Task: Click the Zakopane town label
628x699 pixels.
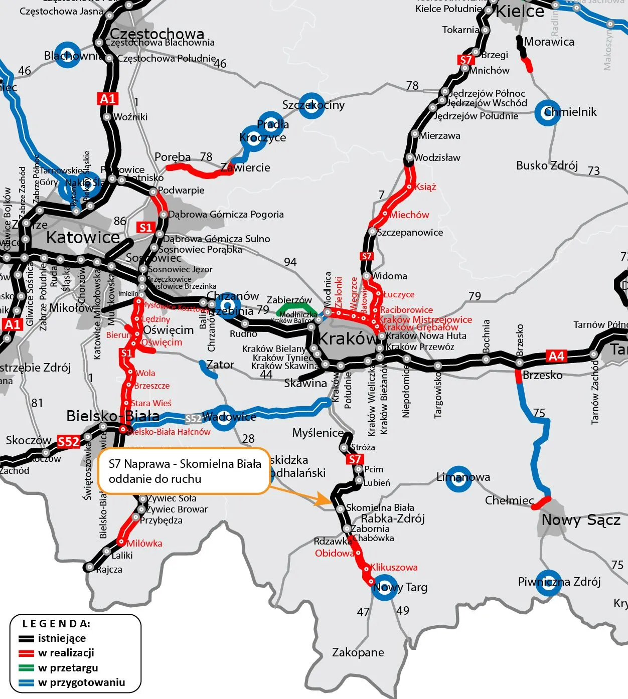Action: coord(358,652)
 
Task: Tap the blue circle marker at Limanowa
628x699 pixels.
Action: coord(458,477)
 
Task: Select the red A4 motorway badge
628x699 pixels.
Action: coord(556,356)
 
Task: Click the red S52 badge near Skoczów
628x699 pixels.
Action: coord(68,441)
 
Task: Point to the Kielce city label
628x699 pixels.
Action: coord(519,11)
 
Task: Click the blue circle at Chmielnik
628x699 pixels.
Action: coord(547,112)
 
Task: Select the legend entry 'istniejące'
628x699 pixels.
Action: coord(62,638)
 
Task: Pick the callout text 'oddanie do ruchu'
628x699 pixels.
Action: coord(154,479)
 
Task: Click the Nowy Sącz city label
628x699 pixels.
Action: coord(581,520)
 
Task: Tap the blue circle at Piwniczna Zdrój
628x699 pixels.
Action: coord(548,582)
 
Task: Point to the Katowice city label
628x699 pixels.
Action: coord(83,237)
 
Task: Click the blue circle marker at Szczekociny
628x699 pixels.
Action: coord(311,105)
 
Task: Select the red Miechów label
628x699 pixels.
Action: coord(409,215)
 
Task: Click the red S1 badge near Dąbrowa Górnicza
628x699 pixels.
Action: coord(145,227)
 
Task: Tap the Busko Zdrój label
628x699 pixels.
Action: coord(547,165)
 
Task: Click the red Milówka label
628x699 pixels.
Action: coord(144,543)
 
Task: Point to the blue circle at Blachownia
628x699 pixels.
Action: coord(67,54)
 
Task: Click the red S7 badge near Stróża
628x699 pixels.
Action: coord(355,459)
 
